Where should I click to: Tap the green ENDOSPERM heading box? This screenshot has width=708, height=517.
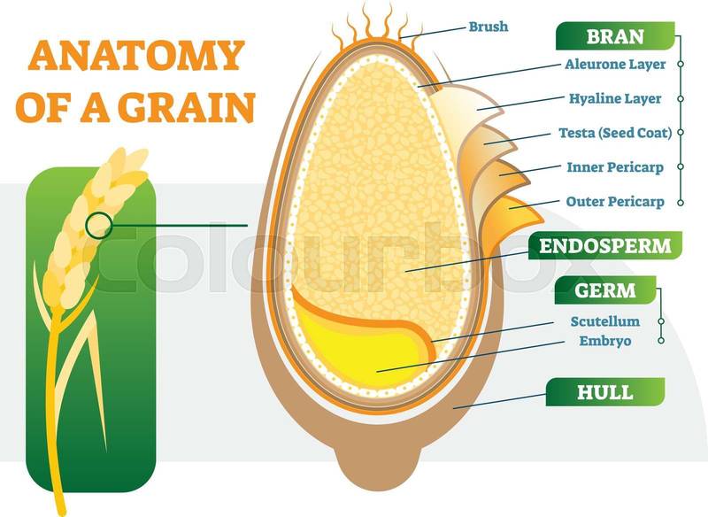click(x=605, y=245)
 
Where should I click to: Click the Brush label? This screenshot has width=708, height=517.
click(x=489, y=27)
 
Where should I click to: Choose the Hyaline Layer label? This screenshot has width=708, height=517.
click(x=617, y=99)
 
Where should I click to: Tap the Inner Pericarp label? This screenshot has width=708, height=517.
click(x=615, y=166)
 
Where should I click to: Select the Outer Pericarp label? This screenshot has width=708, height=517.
click(x=615, y=201)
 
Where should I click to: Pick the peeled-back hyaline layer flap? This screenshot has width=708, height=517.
click(x=460, y=106)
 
